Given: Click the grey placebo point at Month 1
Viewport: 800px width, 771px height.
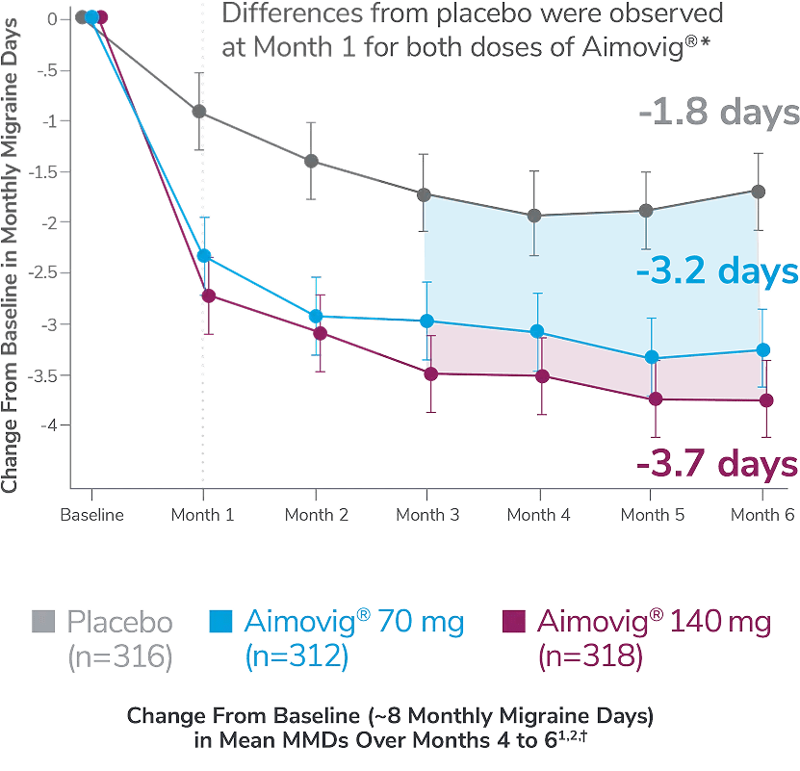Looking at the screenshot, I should [201, 112].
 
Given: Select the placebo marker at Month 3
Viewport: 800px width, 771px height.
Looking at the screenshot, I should [425, 194].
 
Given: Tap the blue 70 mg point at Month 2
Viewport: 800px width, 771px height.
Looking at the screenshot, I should [315, 316].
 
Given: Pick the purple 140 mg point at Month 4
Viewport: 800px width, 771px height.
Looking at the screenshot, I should [541, 376].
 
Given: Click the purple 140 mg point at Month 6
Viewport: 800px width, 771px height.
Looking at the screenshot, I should [766, 398].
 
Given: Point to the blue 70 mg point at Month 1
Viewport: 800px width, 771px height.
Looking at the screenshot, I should [203, 255].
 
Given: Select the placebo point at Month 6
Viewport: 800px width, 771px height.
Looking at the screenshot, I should [760, 192].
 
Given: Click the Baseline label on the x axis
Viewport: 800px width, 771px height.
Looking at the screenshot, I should [92, 514].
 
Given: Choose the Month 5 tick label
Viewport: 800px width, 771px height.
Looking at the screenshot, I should [653, 515].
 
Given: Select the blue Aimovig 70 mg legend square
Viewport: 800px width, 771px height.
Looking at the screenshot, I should [220, 622].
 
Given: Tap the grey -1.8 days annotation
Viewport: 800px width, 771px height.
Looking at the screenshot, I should [717, 113].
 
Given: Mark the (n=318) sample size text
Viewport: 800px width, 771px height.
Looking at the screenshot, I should [590, 656].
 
